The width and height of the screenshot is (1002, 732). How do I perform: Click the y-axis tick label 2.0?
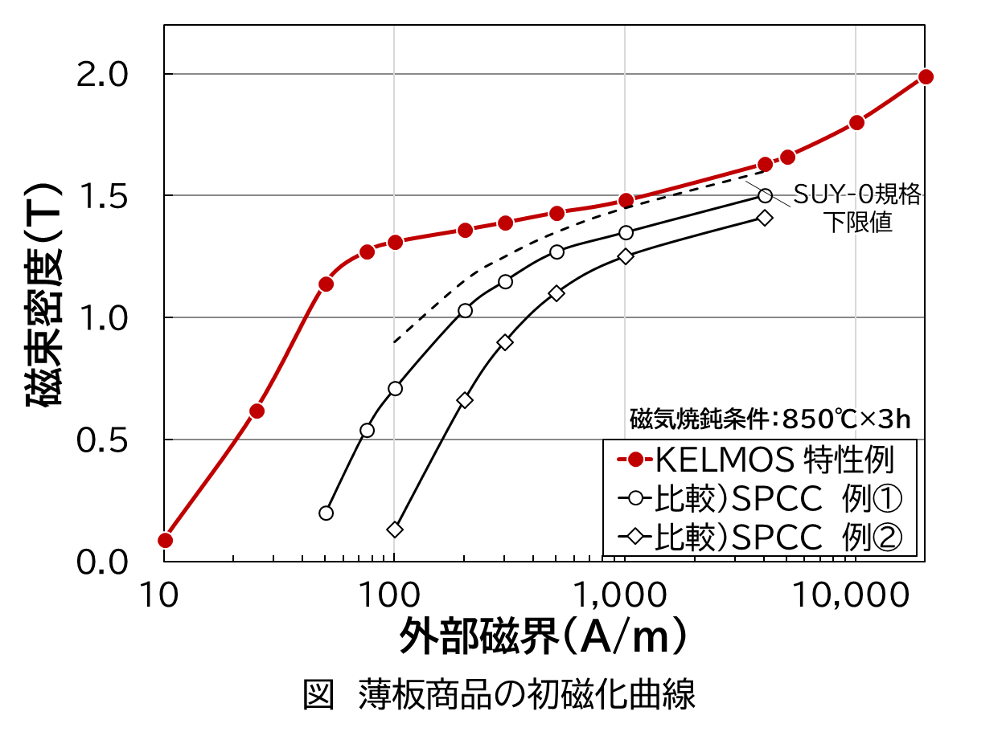coord(103,75)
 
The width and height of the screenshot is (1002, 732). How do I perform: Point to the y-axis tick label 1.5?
coord(103,197)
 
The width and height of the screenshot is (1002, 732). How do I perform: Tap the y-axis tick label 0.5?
coord(103,441)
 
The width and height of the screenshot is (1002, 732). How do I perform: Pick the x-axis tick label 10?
coord(162,595)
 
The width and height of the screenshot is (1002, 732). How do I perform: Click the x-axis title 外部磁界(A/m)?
coord(544,638)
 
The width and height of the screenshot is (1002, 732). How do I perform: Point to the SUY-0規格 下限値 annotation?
coord(857,207)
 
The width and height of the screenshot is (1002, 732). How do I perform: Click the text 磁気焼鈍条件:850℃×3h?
coord(770,419)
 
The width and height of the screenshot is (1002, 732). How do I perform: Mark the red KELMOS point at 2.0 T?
coord(926,76)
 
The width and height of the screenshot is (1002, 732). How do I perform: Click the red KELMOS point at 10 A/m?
coord(165,540)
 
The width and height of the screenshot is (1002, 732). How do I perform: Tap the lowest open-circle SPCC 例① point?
coord(326,513)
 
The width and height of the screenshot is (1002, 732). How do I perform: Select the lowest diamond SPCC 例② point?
coord(395,530)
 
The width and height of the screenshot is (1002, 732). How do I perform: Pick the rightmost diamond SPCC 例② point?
coord(765,218)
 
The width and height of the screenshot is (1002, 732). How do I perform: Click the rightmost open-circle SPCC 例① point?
coord(765,195)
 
